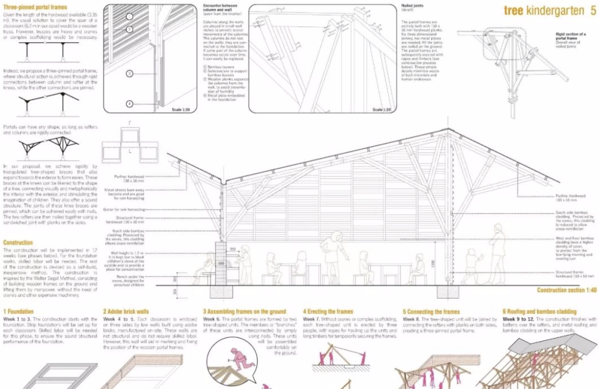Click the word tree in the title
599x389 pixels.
click(x=514, y=10)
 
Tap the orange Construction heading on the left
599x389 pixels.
click(x=18, y=242)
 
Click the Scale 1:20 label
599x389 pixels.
click(x=382, y=110)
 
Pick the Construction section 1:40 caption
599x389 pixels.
click(x=567, y=290)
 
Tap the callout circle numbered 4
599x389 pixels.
click(x=129, y=103)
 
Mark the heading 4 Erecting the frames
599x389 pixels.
click(x=328, y=312)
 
